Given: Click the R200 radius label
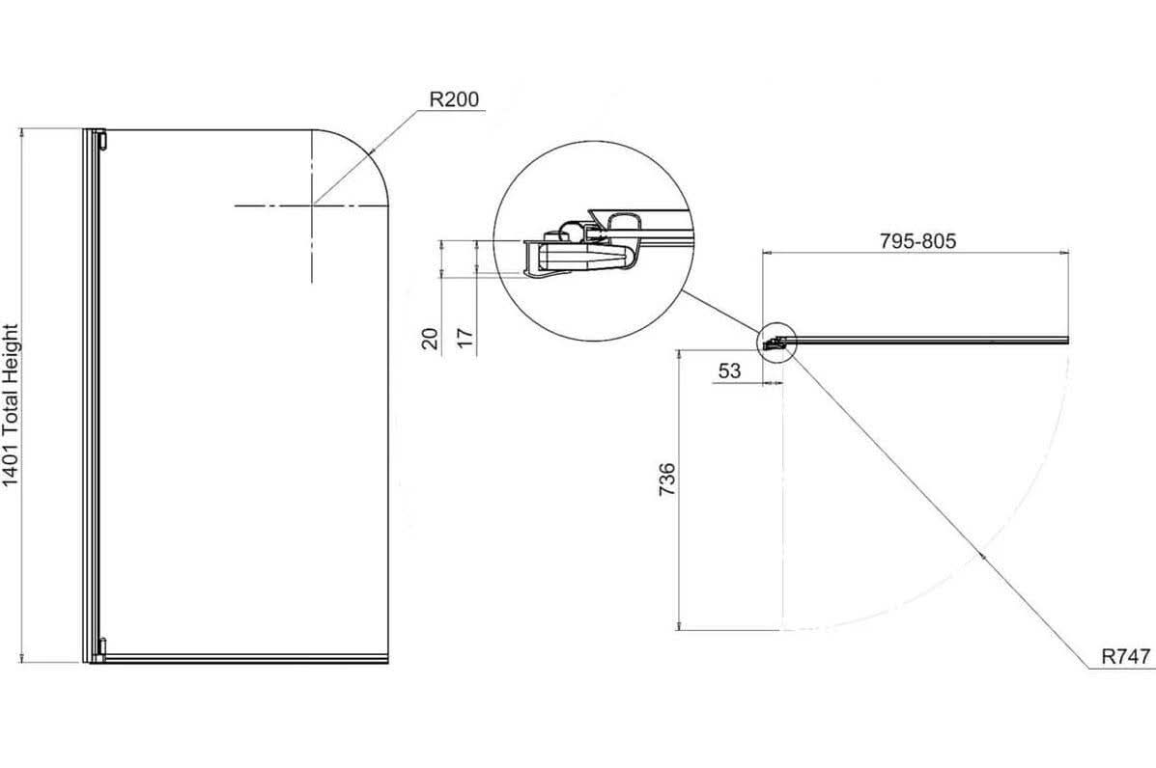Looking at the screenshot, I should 453,99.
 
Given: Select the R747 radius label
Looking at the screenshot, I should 1126,657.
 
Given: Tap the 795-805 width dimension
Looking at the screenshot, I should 916,240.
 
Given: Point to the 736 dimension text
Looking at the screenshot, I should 666,480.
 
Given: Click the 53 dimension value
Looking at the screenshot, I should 729,370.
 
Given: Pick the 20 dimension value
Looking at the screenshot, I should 431,338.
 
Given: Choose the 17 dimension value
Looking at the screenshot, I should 465,338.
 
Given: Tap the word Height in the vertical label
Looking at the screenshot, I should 12,357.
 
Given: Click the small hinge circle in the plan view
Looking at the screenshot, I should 776,341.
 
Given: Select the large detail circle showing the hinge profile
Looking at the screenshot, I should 593,241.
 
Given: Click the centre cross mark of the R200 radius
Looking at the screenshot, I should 313,205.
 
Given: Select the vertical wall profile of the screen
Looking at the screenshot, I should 90,396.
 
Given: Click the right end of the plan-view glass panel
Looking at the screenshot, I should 1066,339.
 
